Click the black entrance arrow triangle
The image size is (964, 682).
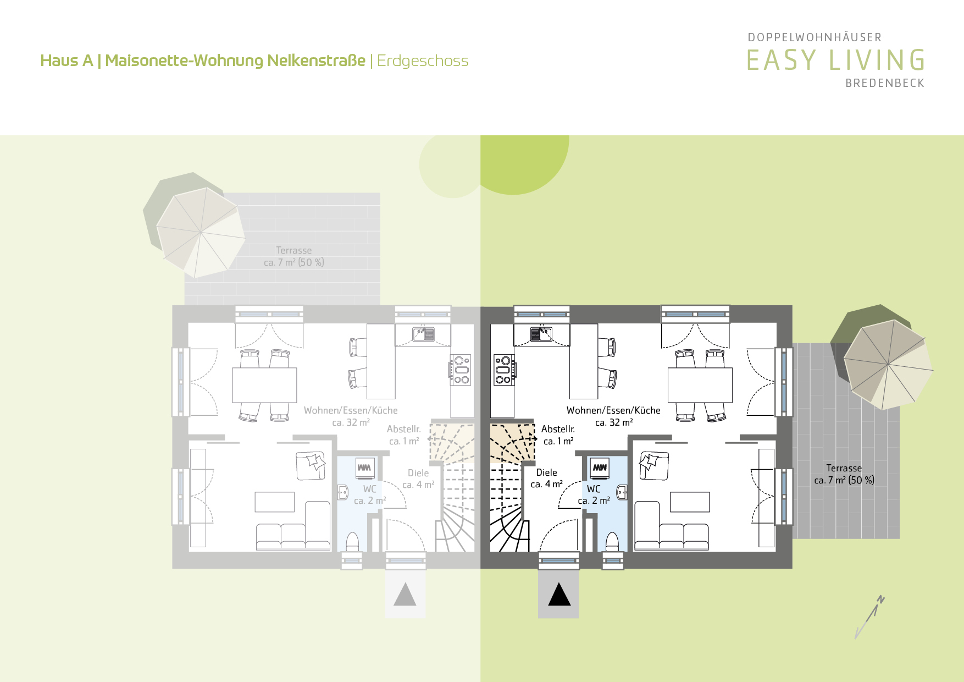tap(559, 595)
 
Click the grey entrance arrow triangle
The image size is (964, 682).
tap(405, 595)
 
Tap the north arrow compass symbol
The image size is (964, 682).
tap(869, 617)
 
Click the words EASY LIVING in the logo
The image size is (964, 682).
tap(836, 60)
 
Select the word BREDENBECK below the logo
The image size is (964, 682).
tap(885, 83)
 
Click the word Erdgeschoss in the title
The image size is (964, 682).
tap(423, 61)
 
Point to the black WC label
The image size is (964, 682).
tap(594, 489)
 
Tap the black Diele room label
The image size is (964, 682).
tap(546, 472)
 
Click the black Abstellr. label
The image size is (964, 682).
tap(558, 429)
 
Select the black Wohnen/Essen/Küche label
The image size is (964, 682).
tap(613, 410)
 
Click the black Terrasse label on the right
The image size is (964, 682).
tap(844, 468)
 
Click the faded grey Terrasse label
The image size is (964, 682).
tap(294, 250)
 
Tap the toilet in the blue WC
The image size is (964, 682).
tap(612, 541)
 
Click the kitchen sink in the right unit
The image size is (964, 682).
tap(541, 334)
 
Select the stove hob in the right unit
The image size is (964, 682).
tap(504, 370)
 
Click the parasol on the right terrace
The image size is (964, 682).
tap(888, 364)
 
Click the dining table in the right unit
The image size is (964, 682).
tap(700, 385)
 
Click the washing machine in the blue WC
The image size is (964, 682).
tap(600, 468)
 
